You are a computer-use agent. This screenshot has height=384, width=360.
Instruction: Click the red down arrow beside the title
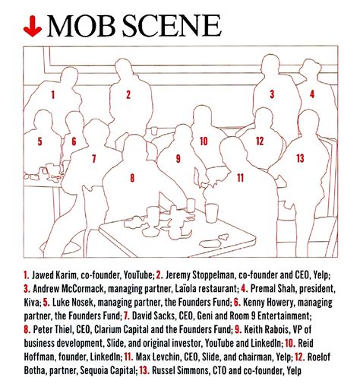(33, 27)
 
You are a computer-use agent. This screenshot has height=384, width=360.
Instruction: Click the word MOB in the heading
(82, 26)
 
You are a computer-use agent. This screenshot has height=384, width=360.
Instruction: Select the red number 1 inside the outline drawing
(53, 95)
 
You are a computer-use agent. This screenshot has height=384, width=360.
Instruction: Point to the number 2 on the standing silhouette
(128, 94)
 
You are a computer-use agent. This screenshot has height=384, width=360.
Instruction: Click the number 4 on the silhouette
(312, 94)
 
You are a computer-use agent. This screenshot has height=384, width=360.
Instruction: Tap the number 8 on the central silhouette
(132, 178)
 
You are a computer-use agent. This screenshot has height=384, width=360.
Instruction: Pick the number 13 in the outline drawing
(300, 158)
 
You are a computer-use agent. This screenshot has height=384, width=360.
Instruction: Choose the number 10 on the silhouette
(204, 141)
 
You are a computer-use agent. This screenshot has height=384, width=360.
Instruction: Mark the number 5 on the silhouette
(39, 141)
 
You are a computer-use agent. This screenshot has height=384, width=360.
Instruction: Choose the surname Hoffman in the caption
(39, 357)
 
